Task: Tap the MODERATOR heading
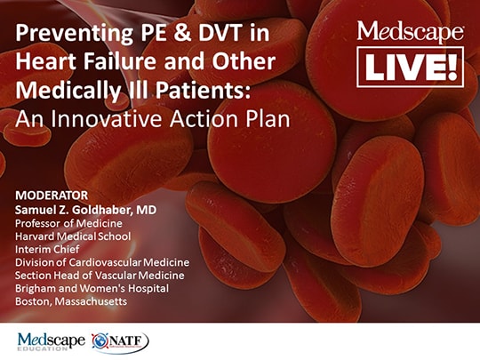point(51,194)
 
